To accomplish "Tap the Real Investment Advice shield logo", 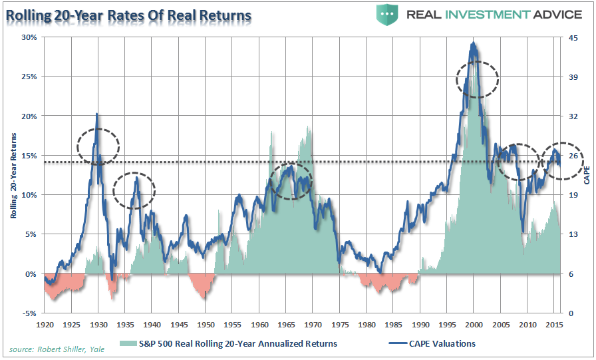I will pos(387,14).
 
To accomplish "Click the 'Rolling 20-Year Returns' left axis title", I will pos(13,174).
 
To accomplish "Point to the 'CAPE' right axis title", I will pos(587,175).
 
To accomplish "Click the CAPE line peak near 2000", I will pos(473,44).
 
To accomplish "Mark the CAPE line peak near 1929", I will pos(98,114).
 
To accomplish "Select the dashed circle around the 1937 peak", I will pos(134,190).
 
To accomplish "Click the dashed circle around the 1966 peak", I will pos(290,180).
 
